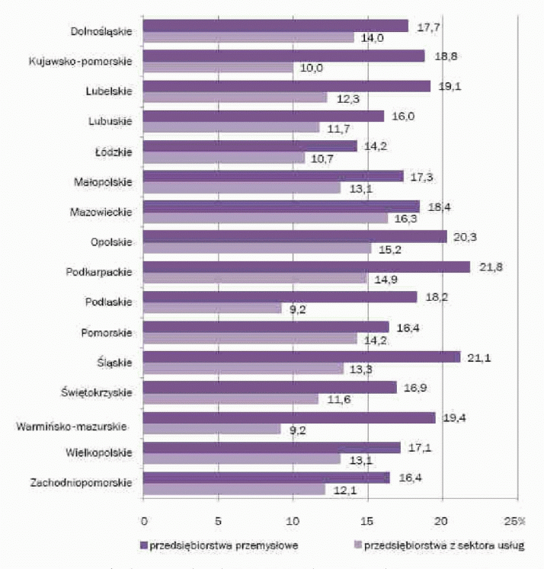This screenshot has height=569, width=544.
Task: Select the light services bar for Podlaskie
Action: coord(214,308)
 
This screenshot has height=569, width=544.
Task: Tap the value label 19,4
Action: coord(459,417)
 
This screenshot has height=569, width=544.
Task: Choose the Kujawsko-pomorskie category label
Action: coord(79,62)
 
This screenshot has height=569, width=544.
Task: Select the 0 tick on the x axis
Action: coord(143,521)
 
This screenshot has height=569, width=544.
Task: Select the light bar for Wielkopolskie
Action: coord(242,459)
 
